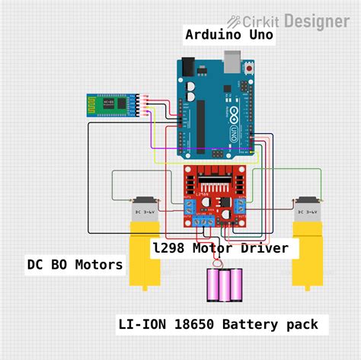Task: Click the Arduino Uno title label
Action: (x=229, y=35)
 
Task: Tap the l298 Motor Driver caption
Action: (x=219, y=248)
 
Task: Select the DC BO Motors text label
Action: (x=75, y=265)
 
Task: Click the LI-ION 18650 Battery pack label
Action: (x=217, y=325)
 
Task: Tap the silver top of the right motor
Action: (x=310, y=209)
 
